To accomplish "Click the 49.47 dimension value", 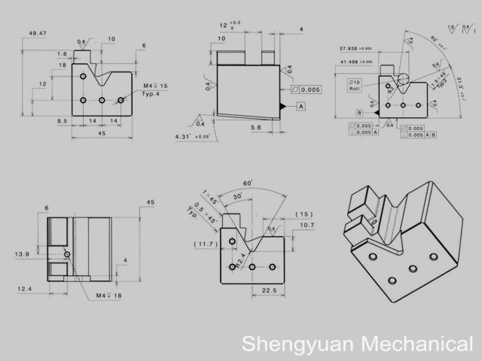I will pyautogui.click(x=37, y=34).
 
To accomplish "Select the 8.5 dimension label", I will pyautogui.click(x=62, y=120).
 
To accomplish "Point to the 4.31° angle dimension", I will pyautogui.click(x=191, y=137).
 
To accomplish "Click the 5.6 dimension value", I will pyautogui.click(x=256, y=128).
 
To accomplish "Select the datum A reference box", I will pyautogui.click(x=300, y=108).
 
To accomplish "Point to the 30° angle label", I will pyautogui.click(x=237, y=198).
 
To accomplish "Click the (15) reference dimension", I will pyautogui.click(x=304, y=214).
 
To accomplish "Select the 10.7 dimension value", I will pyautogui.click(x=307, y=226).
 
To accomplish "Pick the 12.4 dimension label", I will pyautogui.click(x=25, y=288).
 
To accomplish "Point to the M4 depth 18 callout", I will pyautogui.click(x=108, y=294).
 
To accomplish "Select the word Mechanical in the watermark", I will pyautogui.click(x=414, y=344).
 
